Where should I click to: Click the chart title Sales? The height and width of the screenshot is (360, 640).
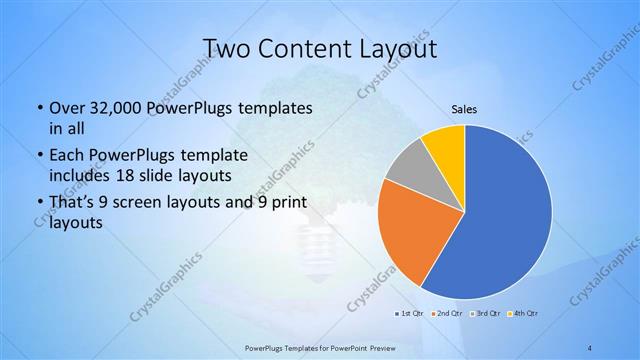tap(464, 108)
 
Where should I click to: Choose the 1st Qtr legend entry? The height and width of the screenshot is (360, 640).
tap(410, 314)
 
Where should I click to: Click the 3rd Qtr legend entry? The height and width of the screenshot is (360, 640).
tap(486, 314)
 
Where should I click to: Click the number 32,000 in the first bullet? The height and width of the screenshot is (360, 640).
tap(116, 107)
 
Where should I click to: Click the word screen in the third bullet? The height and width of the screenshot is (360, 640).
tap(140, 203)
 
